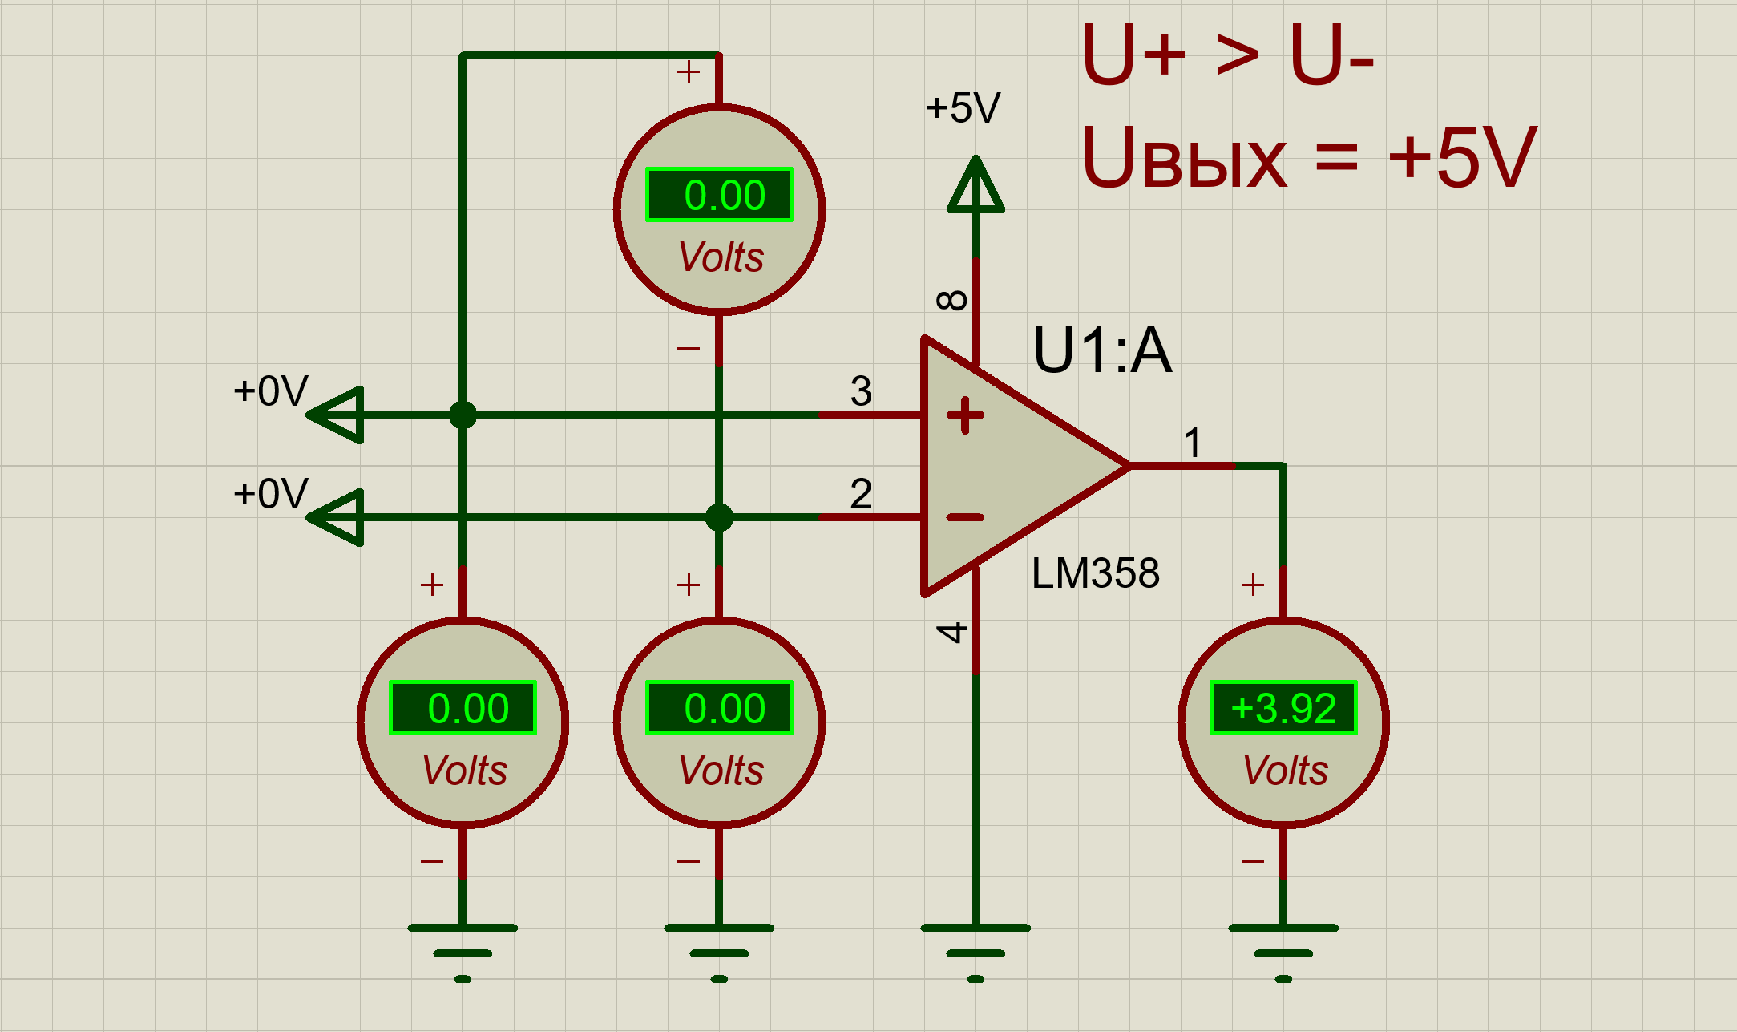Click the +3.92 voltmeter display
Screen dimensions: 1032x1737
(x=1283, y=708)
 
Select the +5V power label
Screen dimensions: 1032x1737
(x=963, y=108)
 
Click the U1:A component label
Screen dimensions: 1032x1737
(x=1102, y=350)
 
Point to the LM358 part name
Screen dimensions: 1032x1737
(x=1095, y=573)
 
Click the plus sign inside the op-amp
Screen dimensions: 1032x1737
(x=965, y=415)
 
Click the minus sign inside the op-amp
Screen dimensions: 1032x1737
(x=965, y=517)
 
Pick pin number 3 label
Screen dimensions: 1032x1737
(x=861, y=391)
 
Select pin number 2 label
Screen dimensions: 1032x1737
(x=861, y=494)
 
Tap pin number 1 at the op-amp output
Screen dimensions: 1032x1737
(x=1193, y=443)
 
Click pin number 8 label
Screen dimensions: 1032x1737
(x=952, y=301)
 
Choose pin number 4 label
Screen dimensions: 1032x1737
(x=952, y=633)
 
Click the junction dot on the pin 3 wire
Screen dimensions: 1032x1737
(x=463, y=415)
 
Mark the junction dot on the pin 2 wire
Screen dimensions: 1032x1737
(x=719, y=517)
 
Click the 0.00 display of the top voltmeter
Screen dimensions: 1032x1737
(x=719, y=195)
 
